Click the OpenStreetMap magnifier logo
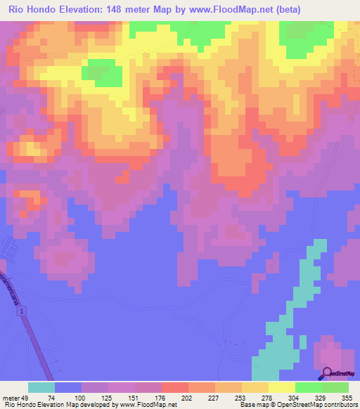[x=328, y=373]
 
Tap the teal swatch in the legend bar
[x=41, y=387]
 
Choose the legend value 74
[x=51, y=397]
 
